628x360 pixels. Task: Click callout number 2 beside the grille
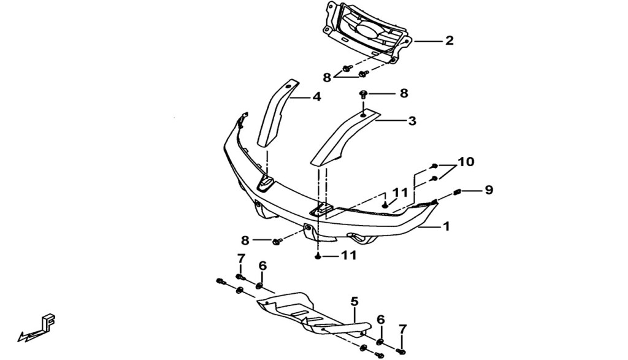tap(449, 40)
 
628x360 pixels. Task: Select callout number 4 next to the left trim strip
tap(317, 96)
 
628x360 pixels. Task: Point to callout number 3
tap(412, 121)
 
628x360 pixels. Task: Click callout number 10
tap(466, 162)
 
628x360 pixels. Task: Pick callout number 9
tap(489, 190)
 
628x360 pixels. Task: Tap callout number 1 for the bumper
tap(446, 226)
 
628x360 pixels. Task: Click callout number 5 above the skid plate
tap(354, 301)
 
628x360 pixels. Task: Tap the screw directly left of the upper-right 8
tap(364, 94)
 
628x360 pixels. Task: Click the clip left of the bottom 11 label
tap(318, 256)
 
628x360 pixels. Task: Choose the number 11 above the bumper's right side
tap(399, 193)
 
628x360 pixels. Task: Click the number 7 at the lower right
tap(402, 329)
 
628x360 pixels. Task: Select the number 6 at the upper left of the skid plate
tap(262, 266)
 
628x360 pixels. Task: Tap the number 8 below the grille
tap(327, 78)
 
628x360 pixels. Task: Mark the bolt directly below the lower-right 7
tap(401, 351)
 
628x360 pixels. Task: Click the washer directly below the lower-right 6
tap(380, 342)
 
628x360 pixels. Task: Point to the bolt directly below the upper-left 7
tap(240, 277)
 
